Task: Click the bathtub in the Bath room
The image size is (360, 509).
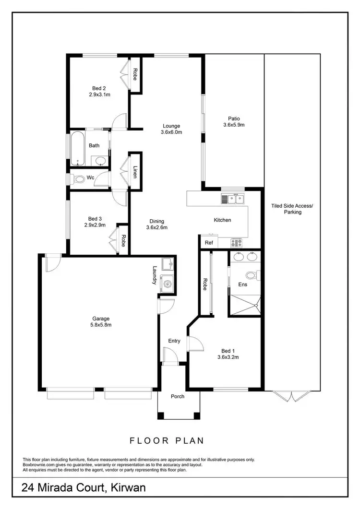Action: (x=77, y=148)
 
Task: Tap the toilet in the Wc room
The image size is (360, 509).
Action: (x=78, y=178)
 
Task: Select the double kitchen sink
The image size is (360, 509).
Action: (x=234, y=198)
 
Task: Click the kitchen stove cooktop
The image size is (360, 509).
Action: (x=237, y=243)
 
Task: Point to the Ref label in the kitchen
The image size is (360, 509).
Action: (x=208, y=243)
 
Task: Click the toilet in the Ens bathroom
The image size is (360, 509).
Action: (x=251, y=275)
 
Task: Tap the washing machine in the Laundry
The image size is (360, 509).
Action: (x=168, y=284)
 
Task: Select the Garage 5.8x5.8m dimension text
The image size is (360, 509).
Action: (x=101, y=325)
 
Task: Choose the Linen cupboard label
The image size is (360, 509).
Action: (x=135, y=171)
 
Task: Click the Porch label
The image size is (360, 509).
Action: (x=178, y=396)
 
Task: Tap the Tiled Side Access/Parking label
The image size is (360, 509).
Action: (x=292, y=209)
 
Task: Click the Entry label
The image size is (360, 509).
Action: (x=174, y=341)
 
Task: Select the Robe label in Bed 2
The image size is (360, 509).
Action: (x=135, y=74)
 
